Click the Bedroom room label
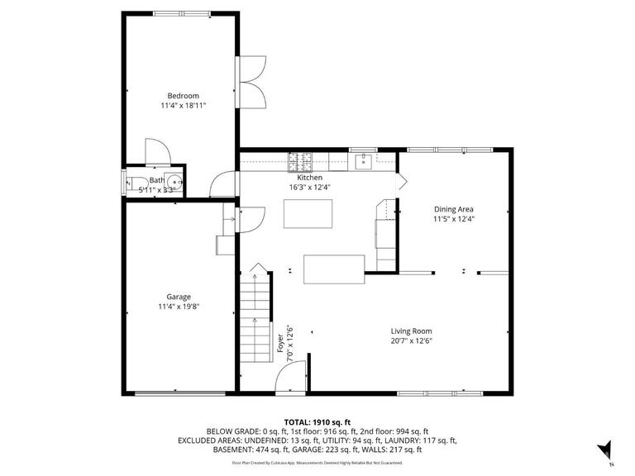[x=183, y=95]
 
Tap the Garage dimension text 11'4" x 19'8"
[x=179, y=307]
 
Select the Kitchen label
[x=309, y=177]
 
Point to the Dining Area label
[x=453, y=209]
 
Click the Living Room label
[x=411, y=331]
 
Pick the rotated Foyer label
[x=281, y=341]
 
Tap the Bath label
[x=156, y=180]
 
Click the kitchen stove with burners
[x=298, y=158]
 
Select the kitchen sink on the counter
[x=363, y=159]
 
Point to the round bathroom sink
[x=174, y=182]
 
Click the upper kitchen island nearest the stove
[x=307, y=213]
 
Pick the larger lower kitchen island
[x=334, y=269]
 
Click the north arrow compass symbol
[x=605, y=449]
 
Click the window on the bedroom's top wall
[x=177, y=13]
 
